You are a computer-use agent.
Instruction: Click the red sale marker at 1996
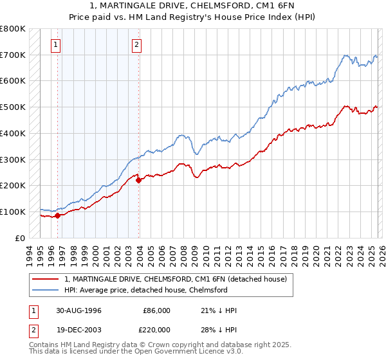pyautogui.click(x=57, y=215)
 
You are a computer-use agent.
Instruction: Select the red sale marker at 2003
pyautogui.click(x=139, y=180)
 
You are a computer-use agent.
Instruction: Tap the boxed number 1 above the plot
pyautogui.click(x=57, y=45)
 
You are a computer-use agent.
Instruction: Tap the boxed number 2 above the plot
pyautogui.click(x=138, y=45)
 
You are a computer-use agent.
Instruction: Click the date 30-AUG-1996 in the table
pyautogui.click(x=78, y=310)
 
